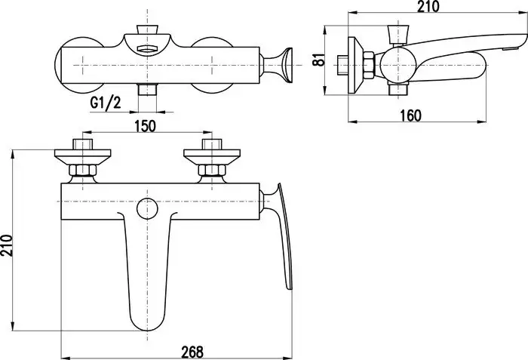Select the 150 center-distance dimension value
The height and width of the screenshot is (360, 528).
[145, 126]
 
